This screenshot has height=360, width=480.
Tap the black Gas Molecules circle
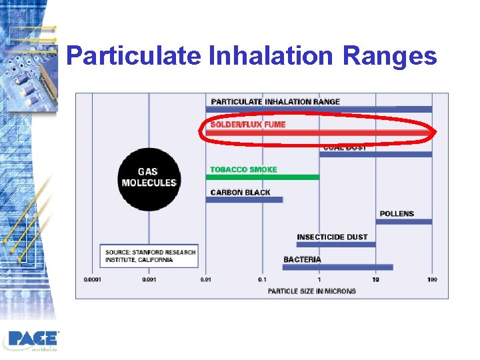[149, 177]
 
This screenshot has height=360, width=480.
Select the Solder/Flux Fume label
[248, 125]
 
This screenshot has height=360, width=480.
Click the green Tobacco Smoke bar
[263, 177]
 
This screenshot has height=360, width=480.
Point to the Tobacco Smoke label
[243, 169]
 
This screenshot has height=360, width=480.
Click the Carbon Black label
[240, 193]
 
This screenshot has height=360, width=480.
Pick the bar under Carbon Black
[244, 199]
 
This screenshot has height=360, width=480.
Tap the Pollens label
[397, 214]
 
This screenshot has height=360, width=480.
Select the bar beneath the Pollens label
[404, 221]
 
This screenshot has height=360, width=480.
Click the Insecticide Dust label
[332, 237]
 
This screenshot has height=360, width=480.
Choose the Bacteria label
[302, 259]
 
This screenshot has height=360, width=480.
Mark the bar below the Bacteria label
[337, 267]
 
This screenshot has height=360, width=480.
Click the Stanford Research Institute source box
[150, 256]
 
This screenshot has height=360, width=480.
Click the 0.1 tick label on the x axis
[262, 279]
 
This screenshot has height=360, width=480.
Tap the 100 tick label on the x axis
[432, 279]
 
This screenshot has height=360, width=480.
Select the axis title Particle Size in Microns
[311, 291]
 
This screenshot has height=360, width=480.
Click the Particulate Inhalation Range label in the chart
[275, 101]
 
